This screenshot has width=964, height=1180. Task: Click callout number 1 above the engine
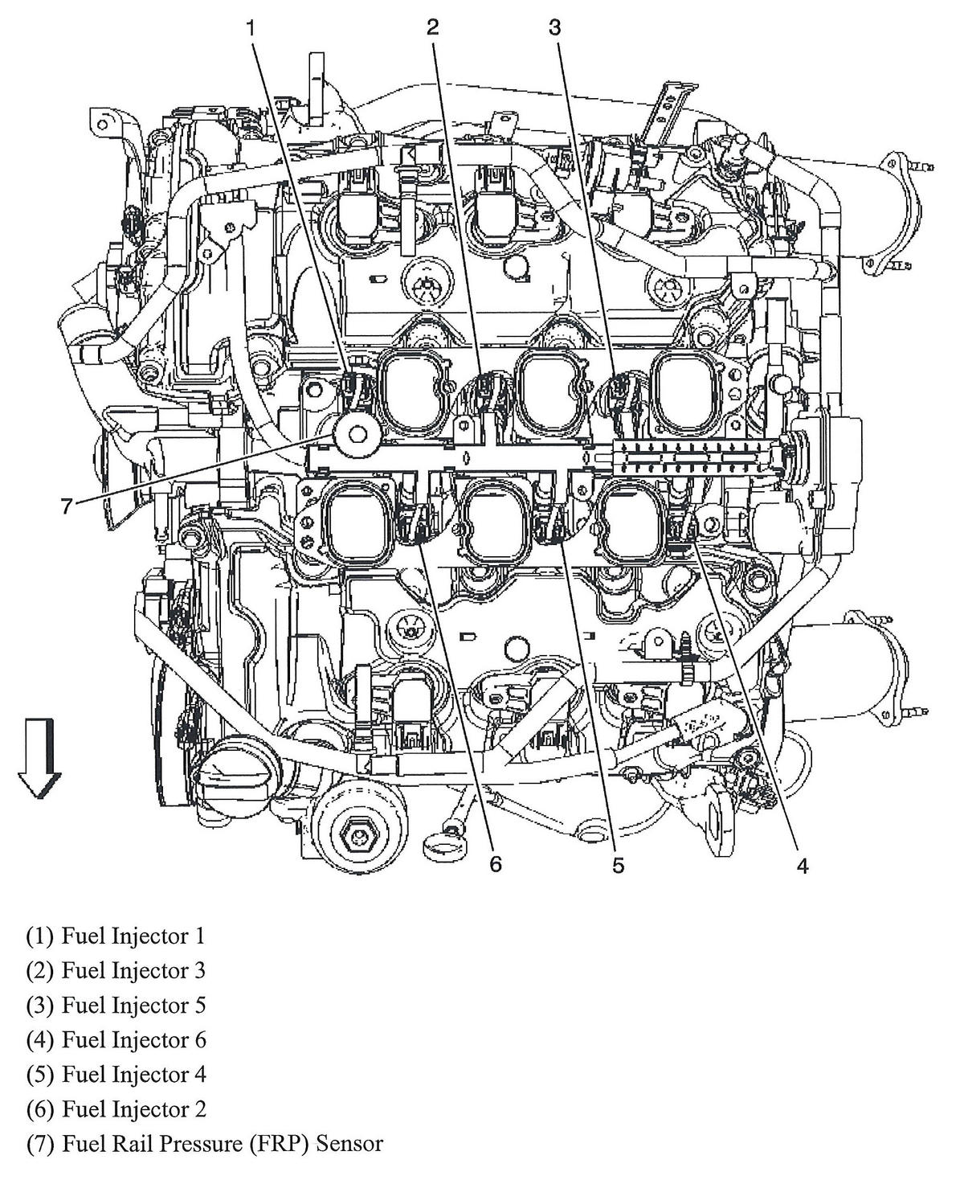point(251,28)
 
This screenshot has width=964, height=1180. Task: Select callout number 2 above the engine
point(433,28)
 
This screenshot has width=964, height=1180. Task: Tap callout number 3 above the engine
point(554,28)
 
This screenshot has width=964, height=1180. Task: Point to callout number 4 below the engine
point(803,865)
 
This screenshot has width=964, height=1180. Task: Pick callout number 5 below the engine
point(618,865)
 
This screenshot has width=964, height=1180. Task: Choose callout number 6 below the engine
point(496,865)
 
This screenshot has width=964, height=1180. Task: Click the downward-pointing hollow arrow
point(39,758)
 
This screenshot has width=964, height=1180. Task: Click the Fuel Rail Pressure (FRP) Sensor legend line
point(204,1143)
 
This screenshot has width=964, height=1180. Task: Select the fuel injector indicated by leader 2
point(485,388)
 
